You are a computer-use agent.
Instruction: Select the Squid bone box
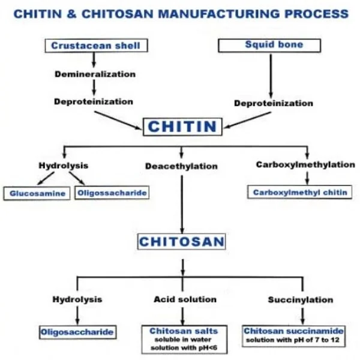click(274, 45)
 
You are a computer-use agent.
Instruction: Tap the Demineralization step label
click(95, 74)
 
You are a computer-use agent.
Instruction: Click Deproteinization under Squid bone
click(273, 103)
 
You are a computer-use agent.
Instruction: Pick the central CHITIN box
click(182, 127)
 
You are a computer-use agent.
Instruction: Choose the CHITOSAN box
click(182, 242)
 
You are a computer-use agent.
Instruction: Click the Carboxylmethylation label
click(305, 164)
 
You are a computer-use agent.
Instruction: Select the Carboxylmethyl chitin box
click(300, 193)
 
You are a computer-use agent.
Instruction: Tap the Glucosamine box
click(37, 194)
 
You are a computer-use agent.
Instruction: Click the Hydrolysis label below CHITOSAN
click(77, 299)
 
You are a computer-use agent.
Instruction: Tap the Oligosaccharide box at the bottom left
click(77, 331)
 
